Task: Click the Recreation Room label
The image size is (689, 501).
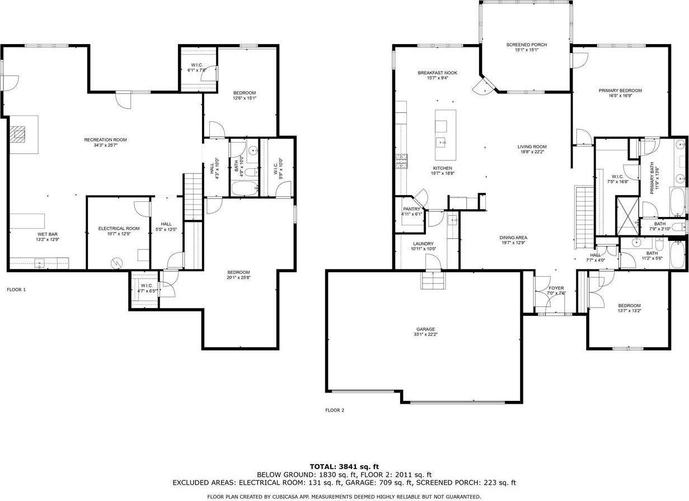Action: (x=105, y=139)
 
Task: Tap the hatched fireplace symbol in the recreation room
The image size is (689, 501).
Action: (x=18, y=134)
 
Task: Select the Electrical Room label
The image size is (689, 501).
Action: (x=119, y=228)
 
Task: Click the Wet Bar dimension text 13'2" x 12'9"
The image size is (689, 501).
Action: (x=48, y=240)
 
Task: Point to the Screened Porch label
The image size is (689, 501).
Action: (x=526, y=45)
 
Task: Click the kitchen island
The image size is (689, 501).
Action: (x=446, y=127)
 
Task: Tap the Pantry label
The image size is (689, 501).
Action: (x=411, y=209)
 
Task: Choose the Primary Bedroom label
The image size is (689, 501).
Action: (x=620, y=90)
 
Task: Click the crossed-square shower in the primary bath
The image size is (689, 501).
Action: (x=627, y=215)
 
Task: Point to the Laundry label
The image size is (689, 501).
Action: (x=423, y=244)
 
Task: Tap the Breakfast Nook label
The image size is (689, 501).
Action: (x=437, y=73)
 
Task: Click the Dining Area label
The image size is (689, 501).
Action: (x=513, y=238)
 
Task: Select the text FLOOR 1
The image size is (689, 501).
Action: (x=16, y=290)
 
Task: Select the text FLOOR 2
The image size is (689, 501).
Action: (x=335, y=410)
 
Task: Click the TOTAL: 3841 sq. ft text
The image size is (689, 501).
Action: (x=344, y=466)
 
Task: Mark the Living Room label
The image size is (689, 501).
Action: (x=532, y=146)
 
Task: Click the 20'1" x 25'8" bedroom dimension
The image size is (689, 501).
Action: (x=238, y=277)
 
